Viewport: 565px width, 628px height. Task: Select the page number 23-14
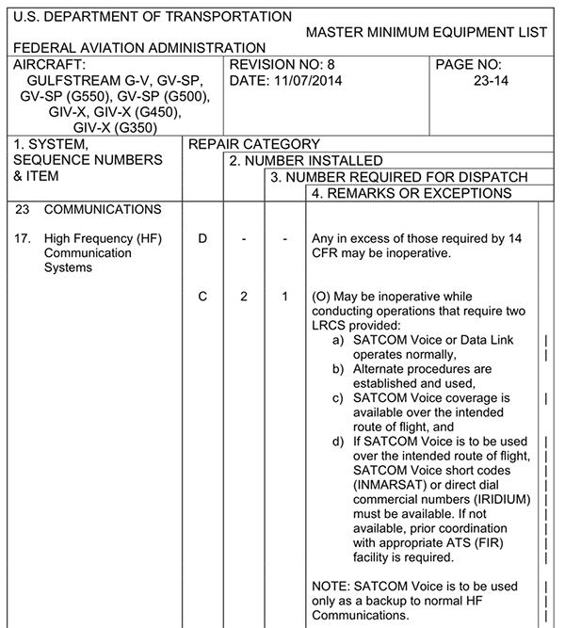tap(486, 80)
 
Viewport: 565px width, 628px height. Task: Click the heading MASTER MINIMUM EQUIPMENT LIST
tap(427, 32)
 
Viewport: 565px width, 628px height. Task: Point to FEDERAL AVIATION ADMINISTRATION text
tap(139, 48)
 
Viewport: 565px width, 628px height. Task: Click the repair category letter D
tap(202, 238)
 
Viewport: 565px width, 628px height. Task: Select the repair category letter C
tap(202, 297)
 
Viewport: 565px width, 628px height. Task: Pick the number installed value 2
tap(243, 297)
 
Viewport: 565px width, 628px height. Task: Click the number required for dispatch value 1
tap(284, 297)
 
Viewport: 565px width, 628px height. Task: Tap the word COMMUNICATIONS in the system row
tap(103, 209)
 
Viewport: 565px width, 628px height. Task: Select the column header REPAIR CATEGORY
tap(254, 144)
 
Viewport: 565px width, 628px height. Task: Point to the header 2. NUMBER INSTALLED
tap(306, 161)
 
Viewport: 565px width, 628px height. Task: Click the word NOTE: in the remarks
tap(331, 586)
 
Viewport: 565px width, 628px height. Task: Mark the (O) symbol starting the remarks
tap(321, 297)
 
